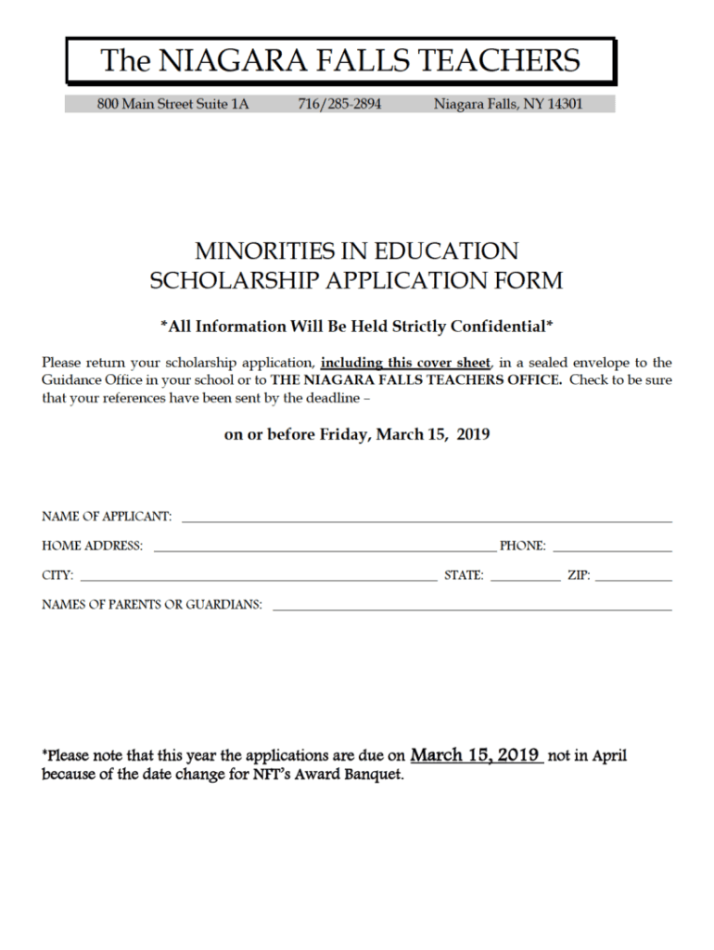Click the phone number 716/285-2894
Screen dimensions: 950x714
(x=339, y=104)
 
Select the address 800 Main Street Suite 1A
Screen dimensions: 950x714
(x=173, y=104)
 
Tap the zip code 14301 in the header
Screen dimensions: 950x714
(x=565, y=104)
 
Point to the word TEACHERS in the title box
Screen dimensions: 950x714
(x=499, y=61)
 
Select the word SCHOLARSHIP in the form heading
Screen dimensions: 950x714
(x=223, y=279)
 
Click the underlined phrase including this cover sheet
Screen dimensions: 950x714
(x=405, y=363)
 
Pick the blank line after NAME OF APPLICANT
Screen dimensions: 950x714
(x=427, y=518)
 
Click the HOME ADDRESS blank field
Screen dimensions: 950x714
(x=325, y=547)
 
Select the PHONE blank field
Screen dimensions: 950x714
(x=612, y=547)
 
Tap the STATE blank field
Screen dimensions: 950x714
(x=525, y=577)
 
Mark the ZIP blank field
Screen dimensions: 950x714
(x=633, y=577)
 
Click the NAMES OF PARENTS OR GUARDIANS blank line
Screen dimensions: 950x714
(x=472, y=607)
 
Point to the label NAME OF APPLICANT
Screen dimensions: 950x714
(x=107, y=516)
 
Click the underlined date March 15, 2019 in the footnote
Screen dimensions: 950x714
(x=477, y=755)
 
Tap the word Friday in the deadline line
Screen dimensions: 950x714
(x=344, y=434)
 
